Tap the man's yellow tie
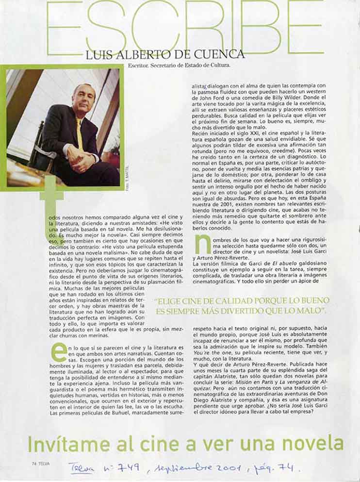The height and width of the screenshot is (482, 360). [79, 133]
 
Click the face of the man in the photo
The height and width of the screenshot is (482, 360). [82, 99]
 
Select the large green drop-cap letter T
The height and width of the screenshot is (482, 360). [51, 209]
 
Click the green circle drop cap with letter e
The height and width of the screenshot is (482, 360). [59, 351]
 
